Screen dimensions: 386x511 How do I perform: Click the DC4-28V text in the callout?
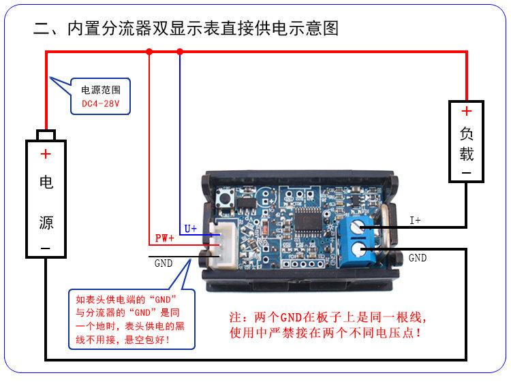tap(100, 103)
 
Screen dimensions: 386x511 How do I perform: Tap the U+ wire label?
tap(190, 229)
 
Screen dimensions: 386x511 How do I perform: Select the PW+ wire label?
tap(164, 238)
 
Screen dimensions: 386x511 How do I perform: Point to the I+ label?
tap(415, 220)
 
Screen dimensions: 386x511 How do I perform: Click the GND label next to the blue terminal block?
tap(418, 258)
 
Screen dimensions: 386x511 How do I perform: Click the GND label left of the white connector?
tap(164, 263)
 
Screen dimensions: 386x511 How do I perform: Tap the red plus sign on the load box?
tap(466, 111)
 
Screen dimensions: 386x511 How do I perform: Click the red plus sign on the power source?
tap(46, 154)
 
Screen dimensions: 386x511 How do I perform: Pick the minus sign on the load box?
tap(466, 173)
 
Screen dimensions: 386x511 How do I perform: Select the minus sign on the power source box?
tap(46, 249)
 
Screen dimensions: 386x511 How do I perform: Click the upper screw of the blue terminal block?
tap(358, 229)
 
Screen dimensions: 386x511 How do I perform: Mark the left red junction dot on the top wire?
tap(149, 51)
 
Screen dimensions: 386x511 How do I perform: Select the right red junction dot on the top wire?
tap(180, 51)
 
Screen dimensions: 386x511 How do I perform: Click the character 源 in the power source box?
tap(46, 223)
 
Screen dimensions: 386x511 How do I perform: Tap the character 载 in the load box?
tap(466, 153)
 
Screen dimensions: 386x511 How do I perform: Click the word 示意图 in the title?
tap(313, 29)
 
